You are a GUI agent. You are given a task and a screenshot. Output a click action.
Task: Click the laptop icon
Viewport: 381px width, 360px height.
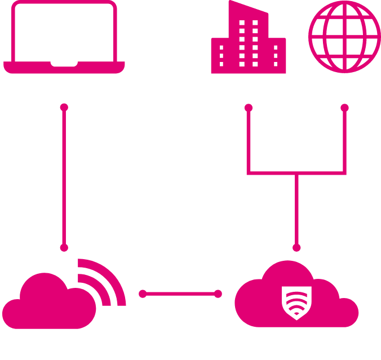[64, 37]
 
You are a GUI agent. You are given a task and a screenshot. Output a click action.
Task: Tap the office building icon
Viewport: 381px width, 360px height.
[248, 39]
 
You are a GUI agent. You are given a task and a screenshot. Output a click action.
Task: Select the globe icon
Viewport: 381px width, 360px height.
[344, 36]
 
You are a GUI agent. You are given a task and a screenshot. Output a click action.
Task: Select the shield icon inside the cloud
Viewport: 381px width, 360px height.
[296, 303]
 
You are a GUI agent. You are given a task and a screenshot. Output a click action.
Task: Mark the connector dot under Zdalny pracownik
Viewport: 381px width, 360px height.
[64, 106]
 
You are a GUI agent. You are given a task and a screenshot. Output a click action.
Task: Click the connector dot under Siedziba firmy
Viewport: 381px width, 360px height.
[248, 106]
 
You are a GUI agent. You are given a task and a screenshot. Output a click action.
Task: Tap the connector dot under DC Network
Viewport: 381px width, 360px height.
[344, 106]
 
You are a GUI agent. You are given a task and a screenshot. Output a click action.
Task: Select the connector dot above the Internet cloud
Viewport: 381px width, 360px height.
[64, 247]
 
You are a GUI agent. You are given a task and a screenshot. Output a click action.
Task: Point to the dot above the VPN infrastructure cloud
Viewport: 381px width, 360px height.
[296, 247]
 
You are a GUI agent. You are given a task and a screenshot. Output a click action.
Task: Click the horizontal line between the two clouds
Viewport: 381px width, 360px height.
[180, 294]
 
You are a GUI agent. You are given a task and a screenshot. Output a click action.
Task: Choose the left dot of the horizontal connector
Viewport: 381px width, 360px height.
[143, 294]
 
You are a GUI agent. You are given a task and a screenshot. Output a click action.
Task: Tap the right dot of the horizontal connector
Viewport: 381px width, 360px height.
[219, 294]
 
